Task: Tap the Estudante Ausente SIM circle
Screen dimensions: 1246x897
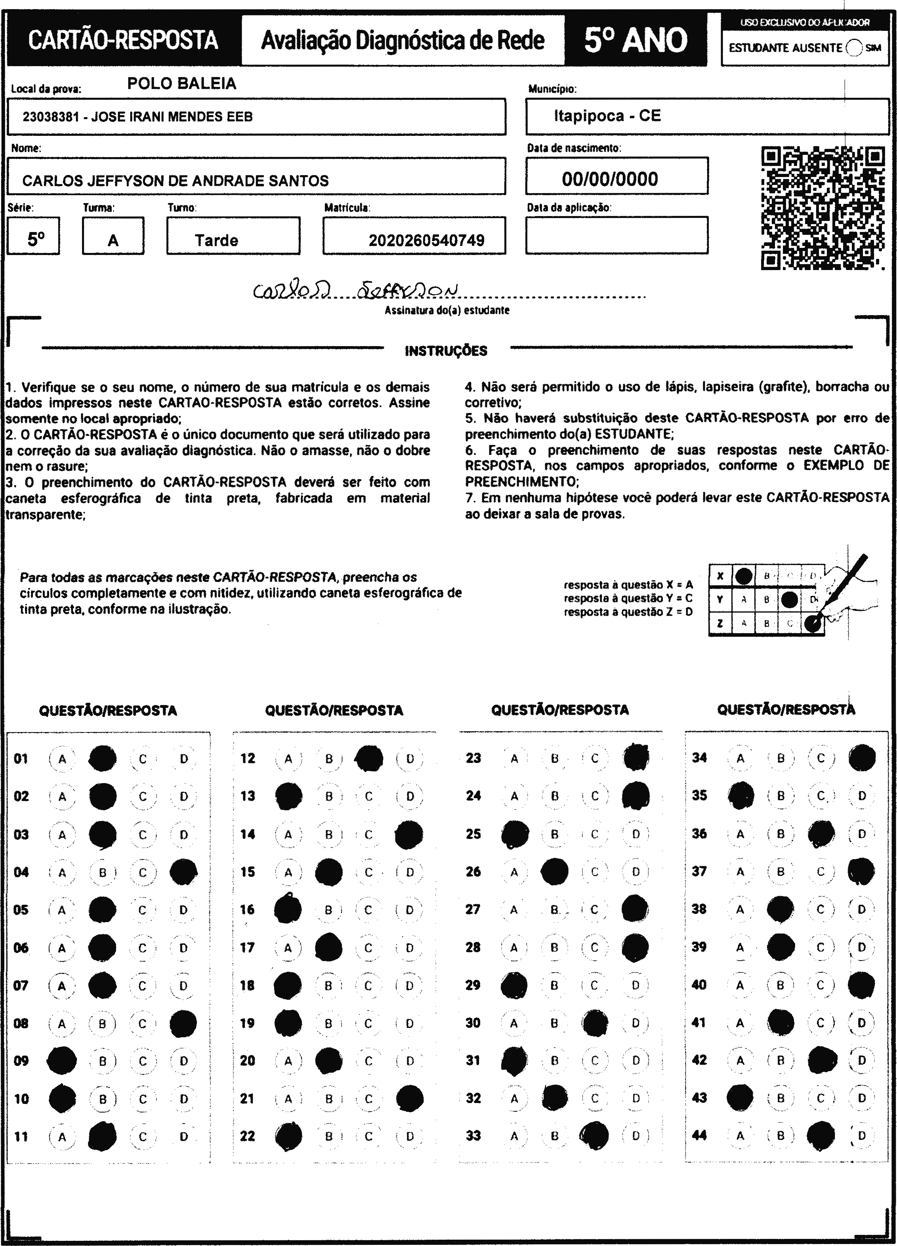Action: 854,48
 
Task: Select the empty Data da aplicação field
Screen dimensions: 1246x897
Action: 616,235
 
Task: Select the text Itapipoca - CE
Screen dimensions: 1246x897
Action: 607,116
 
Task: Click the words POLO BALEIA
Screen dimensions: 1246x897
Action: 182,84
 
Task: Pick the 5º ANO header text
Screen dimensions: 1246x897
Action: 636,40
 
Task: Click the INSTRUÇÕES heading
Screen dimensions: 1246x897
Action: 446,351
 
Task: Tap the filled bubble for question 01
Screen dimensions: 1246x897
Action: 103,759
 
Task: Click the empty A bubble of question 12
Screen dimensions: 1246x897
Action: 288,759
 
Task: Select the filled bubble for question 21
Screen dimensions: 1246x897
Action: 410,1098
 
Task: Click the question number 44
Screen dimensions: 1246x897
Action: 699,1135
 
